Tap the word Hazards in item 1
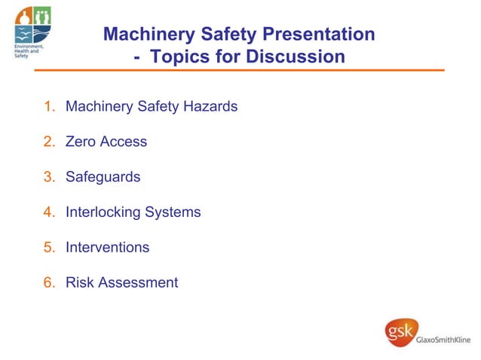210,107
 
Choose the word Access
124,142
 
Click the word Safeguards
103,178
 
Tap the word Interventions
107,248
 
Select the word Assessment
137,283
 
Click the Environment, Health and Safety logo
32,30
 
